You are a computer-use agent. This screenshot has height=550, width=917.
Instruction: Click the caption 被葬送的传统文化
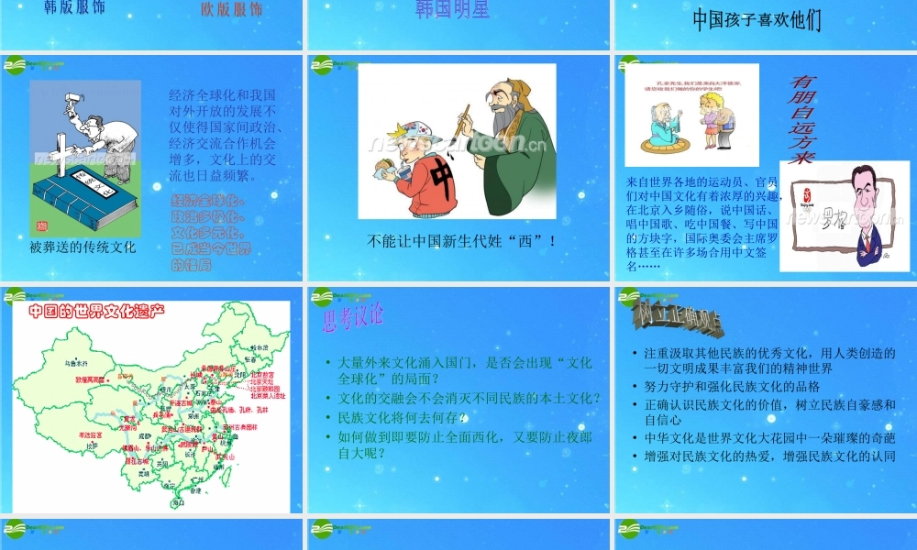pyautogui.click(x=82, y=247)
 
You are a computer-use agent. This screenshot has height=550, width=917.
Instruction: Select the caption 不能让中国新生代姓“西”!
pyautogui.click(x=461, y=242)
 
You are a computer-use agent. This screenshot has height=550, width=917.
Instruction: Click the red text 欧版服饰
pyautogui.click(x=231, y=10)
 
